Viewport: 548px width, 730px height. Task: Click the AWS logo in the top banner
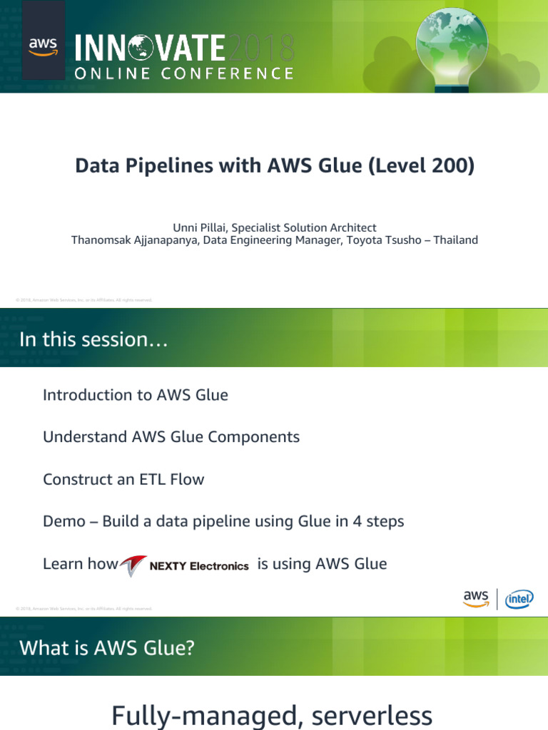(44, 47)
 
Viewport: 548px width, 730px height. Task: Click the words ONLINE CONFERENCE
(184, 73)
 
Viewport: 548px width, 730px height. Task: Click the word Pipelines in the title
(163, 166)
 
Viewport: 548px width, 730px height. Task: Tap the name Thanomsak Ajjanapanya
(135, 240)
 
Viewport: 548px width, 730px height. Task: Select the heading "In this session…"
(93, 340)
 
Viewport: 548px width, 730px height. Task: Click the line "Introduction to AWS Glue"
(136, 395)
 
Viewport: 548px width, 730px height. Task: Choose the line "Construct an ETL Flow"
(123, 479)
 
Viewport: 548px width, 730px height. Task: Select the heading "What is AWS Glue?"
(107, 648)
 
